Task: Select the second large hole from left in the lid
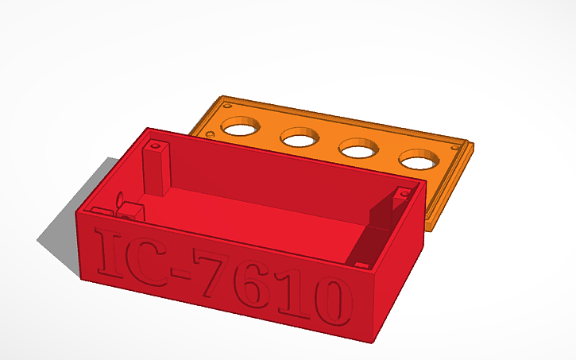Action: [300, 139]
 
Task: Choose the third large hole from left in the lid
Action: [358, 149]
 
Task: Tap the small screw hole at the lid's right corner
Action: [455, 147]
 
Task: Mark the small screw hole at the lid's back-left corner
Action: [228, 106]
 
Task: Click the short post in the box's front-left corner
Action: [128, 211]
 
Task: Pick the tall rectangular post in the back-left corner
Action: [157, 170]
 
